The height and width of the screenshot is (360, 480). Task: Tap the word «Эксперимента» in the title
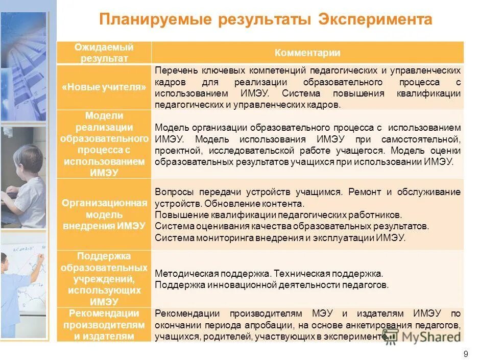click(375, 20)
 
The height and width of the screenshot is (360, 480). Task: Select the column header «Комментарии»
click(307, 53)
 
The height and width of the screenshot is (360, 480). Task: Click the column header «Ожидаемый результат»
click(104, 53)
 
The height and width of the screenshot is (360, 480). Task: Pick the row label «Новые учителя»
click(104, 87)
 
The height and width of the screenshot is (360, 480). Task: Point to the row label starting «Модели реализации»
click(104, 144)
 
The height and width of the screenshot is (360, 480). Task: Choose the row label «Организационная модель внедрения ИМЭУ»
click(104, 214)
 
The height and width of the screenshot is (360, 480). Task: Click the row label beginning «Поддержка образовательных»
click(104, 279)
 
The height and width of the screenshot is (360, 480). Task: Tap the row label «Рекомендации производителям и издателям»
click(104, 325)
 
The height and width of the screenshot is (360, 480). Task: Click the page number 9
click(465, 354)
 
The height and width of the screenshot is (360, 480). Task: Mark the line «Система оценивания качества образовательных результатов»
click(292, 226)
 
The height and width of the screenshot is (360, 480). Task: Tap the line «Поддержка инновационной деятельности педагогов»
click(272, 285)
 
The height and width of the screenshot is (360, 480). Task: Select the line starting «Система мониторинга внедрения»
click(280, 237)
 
